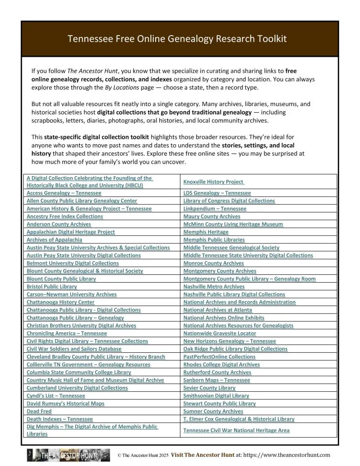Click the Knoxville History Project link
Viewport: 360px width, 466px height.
(x=214, y=182)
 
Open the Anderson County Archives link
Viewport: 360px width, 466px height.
(x=59, y=224)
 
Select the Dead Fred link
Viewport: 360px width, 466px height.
(x=39, y=411)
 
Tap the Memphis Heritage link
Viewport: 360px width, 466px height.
(x=206, y=232)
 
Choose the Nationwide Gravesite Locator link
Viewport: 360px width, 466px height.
(x=220, y=334)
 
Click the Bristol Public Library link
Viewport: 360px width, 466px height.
(x=52, y=287)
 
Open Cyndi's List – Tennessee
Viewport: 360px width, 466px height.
(x=56, y=396)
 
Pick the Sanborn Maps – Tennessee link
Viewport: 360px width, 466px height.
(x=217, y=380)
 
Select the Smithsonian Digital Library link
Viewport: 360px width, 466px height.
(x=216, y=396)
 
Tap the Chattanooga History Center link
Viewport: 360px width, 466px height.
(x=61, y=302)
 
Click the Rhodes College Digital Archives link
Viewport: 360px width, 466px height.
(x=222, y=365)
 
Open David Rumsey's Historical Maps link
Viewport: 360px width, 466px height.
(x=66, y=404)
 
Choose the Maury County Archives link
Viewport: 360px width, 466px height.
(x=212, y=217)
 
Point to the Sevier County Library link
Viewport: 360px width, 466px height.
(x=209, y=388)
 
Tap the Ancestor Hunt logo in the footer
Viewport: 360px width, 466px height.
(x=68, y=455)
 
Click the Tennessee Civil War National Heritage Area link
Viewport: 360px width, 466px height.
(x=236, y=430)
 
